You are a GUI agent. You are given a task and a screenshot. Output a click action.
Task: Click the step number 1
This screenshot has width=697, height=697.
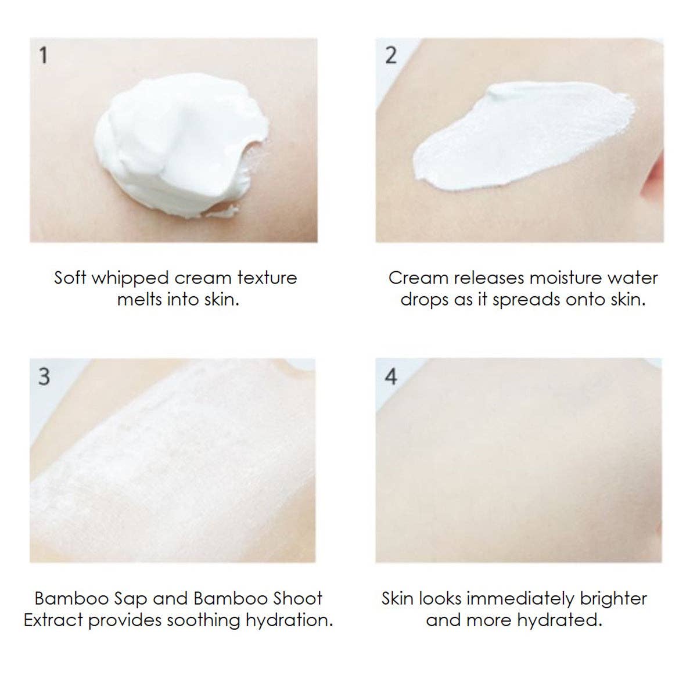click(44, 56)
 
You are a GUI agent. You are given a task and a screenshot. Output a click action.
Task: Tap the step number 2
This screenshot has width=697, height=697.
click(391, 56)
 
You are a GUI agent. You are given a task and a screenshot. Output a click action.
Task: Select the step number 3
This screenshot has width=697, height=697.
click(44, 376)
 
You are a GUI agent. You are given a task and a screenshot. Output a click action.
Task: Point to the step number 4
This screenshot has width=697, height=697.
click(391, 376)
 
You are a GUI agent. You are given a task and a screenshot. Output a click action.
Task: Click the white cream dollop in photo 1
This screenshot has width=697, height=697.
click(181, 145)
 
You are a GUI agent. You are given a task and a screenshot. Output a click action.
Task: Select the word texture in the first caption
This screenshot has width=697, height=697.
click(267, 278)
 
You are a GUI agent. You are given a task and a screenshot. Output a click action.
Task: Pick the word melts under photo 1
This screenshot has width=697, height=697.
click(139, 300)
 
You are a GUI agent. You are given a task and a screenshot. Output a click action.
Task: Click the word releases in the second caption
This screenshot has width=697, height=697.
click(489, 278)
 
